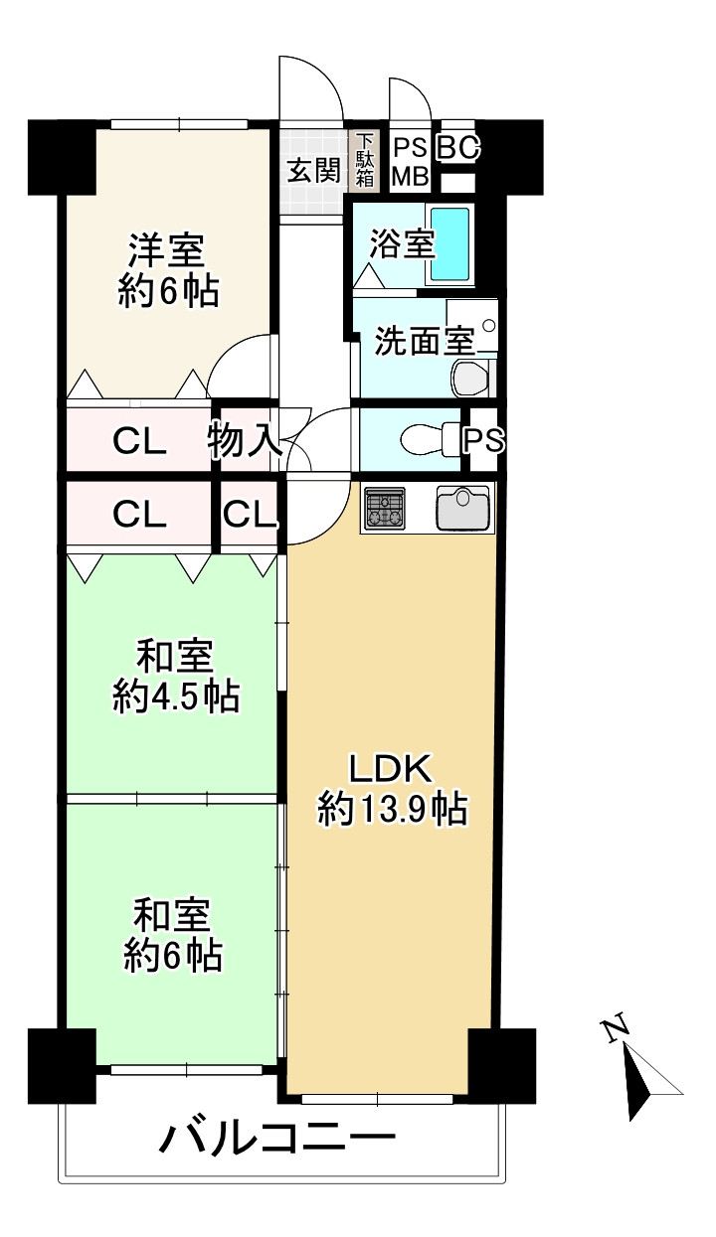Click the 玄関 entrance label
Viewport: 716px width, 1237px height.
pos(313,171)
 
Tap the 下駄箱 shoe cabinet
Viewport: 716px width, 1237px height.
pos(364,161)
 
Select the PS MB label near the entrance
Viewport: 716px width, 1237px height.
pos(411,162)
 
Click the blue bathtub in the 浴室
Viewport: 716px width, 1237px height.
pos(450,243)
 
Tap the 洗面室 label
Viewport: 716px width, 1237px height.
pos(424,341)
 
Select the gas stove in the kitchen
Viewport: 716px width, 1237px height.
pos(384,509)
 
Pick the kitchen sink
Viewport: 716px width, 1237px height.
pos(462,507)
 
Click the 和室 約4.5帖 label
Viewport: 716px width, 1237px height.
pos(176,676)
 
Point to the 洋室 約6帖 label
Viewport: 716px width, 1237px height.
pos(168,270)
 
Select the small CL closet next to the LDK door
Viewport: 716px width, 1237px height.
pos(250,515)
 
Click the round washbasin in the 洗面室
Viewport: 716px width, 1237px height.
pos(488,326)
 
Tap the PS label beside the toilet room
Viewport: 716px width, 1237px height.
pos(483,440)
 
